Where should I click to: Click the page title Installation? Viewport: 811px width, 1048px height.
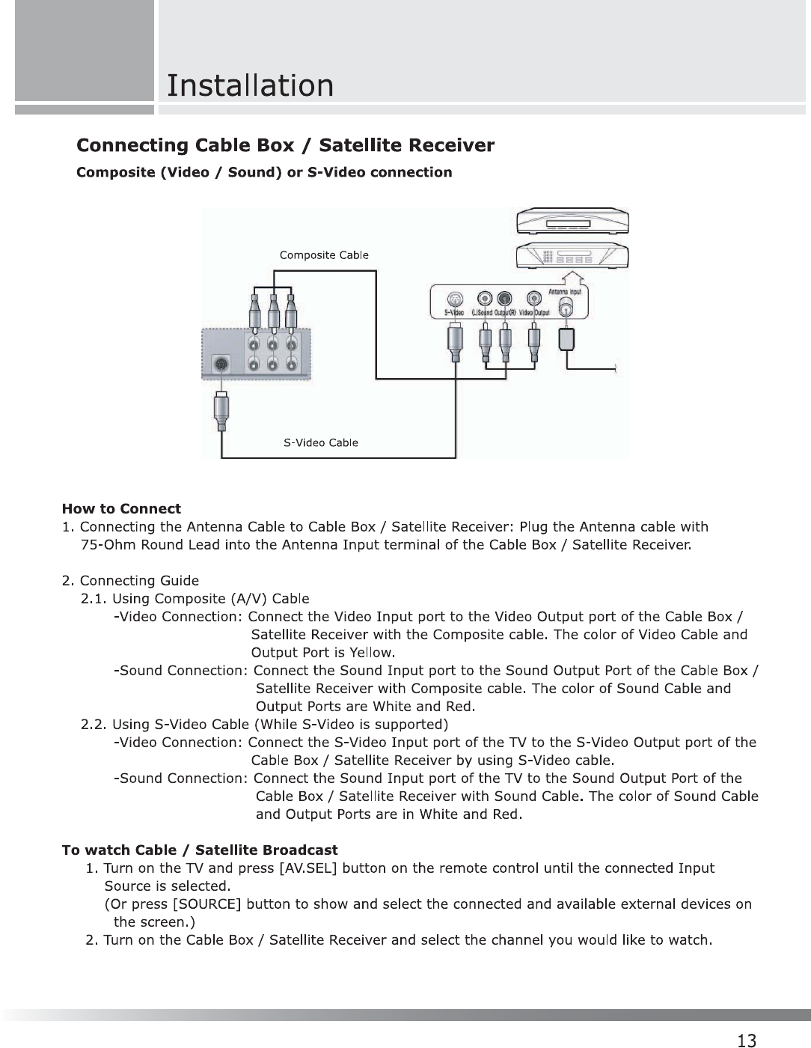pyautogui.click(x=250, y=85)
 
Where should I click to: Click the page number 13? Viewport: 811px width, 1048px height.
pyautogui.click(x=746, y=1040)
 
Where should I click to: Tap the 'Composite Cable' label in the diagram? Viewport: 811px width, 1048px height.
pyautogui.click(x=324, y=255)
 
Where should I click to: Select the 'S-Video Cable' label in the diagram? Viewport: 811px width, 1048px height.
pyautogui.click(x=321, y=442)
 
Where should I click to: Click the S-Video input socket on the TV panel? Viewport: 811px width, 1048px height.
pyautogui.click(x=220, y=365)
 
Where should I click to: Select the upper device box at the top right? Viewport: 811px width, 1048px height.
pyautogui.click(x=572, y=222)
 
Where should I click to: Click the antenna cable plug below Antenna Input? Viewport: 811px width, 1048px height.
pyautogui.click(x=567, y=338)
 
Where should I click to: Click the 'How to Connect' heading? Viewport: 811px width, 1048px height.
pyautogui.click(x=121, y=509)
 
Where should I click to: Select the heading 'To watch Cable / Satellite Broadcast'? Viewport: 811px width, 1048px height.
pyautogui.click(x=200, y=850)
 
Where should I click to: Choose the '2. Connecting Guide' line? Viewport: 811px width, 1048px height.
pyautogui.click(x=130, y=581)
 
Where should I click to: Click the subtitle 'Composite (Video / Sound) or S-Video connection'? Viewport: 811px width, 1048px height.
pyautogui.click(x=265, y=172)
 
